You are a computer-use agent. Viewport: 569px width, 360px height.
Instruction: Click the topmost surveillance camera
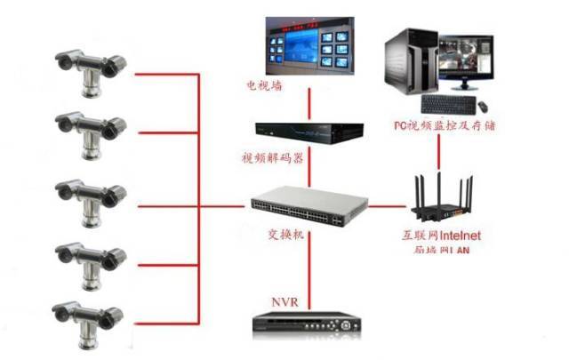tap(88, 70)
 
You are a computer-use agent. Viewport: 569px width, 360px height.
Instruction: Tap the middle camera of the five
tap(88, 197)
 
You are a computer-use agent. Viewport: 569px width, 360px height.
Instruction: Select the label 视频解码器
tap(272, 157)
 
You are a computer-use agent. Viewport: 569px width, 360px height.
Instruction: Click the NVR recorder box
tap(308, 324)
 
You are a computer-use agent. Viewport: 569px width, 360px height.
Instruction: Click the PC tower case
tap(410, 62)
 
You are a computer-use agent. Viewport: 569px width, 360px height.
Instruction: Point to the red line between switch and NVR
tap(309, 267)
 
